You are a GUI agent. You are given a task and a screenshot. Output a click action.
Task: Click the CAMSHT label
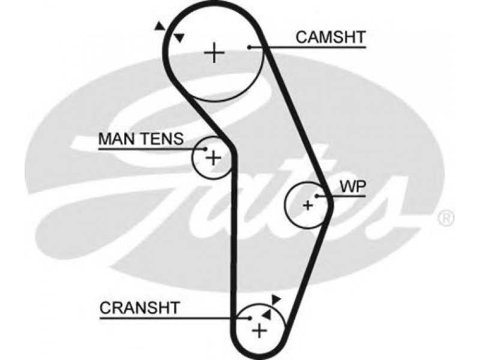pyautogui.click(x=331, y=37)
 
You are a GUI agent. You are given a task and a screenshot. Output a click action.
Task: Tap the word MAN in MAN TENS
pyautogui.click(x=117, y=139)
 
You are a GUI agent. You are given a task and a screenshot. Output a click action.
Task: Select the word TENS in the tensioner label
pyautogui.click(x=162, y=139)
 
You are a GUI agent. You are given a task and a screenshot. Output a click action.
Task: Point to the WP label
pyautogui.click(x=353, y=187)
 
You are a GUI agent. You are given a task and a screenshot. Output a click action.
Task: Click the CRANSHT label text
pyautogui.click(x=140, y=308)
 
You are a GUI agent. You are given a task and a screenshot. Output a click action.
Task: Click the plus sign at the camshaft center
pyautogui.click(x=214, y=53)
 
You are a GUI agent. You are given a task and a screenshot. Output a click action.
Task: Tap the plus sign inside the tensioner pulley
pyautogui.click(x=214, y=158)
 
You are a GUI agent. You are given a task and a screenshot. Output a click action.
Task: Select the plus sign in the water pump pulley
pyautogui.click(x=308, y=205)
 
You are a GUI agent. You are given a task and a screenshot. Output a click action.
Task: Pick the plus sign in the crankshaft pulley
pyautogui.click(x=259, y=331)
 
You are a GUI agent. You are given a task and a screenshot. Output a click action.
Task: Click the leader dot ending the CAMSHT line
pyautogui.click(x=250, y=47)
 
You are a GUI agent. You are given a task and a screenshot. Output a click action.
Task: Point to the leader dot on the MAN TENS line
pyautogui.click(x=206, y=149)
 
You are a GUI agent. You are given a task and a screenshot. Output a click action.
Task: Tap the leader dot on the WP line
pyautogui.click(x=317, y=196)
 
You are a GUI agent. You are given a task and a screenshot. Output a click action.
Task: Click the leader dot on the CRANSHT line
pyautogui.click(x=250, y=319)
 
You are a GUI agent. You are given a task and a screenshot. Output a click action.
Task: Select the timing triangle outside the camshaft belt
pyautogui.click(x=159, y=26)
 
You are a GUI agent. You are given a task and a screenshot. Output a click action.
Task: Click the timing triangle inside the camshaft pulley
pyautogui.click(x=179, y=38)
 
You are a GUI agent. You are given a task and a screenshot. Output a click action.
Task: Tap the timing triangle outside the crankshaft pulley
pyautogui.click(x=276, y=299)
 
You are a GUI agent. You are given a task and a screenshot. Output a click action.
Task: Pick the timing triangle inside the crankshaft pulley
pyautogui.click(x=266, y=314)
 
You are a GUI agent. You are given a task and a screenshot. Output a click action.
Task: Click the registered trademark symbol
pyautogui.click(x=446, y=218)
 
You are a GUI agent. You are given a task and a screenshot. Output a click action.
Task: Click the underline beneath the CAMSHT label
pyautogui.click(x=308, y=47)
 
